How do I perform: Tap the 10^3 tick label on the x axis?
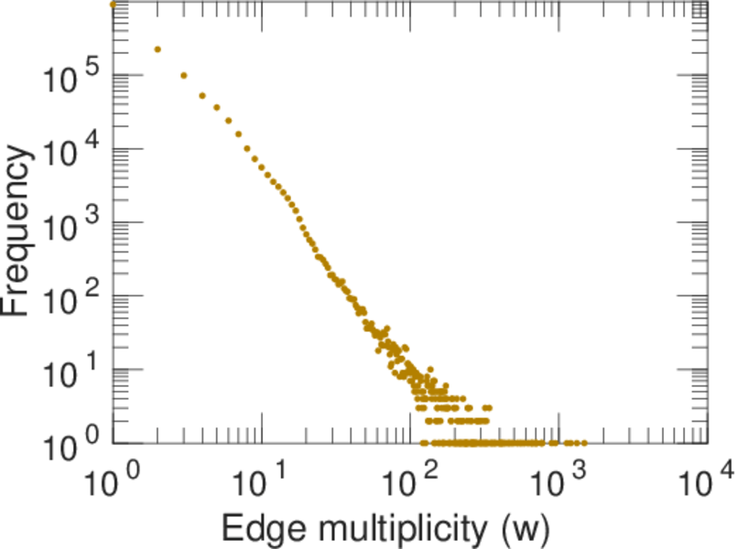560,479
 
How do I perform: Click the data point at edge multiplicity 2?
157,49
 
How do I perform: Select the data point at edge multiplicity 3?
184,75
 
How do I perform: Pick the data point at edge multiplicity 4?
202,95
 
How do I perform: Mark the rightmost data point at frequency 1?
583,443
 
